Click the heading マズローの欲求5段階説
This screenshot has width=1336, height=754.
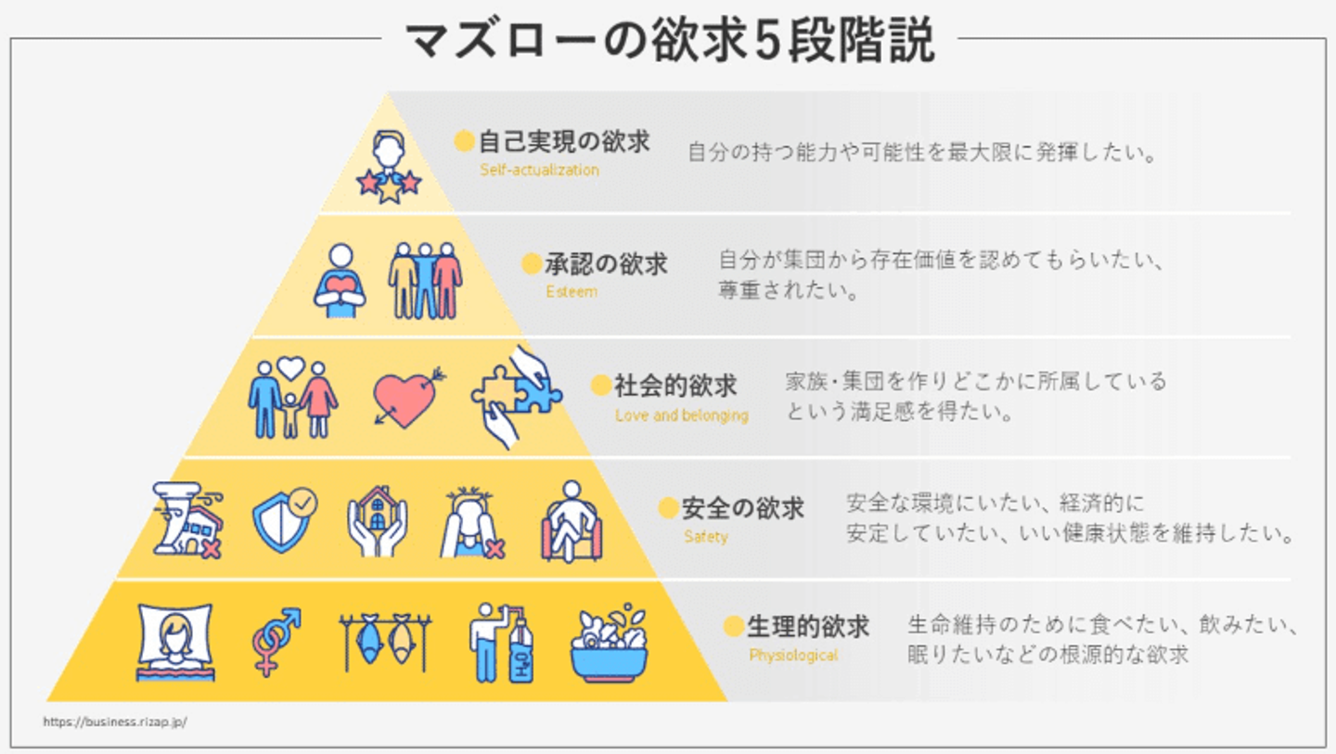669,41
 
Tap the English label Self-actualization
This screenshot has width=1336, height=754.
539,171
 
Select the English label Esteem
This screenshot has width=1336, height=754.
572,291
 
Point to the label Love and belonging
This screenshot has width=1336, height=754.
681,415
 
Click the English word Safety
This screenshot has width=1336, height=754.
706,536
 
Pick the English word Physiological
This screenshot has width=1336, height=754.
793,655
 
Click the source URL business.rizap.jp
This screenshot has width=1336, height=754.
115,722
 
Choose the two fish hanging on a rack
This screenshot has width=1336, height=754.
384,642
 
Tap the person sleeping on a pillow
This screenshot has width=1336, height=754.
174,642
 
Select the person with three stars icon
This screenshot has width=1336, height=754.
389,167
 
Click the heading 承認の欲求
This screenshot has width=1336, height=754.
606,264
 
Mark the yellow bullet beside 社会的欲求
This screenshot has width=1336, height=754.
601,385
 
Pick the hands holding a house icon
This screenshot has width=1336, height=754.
377,521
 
